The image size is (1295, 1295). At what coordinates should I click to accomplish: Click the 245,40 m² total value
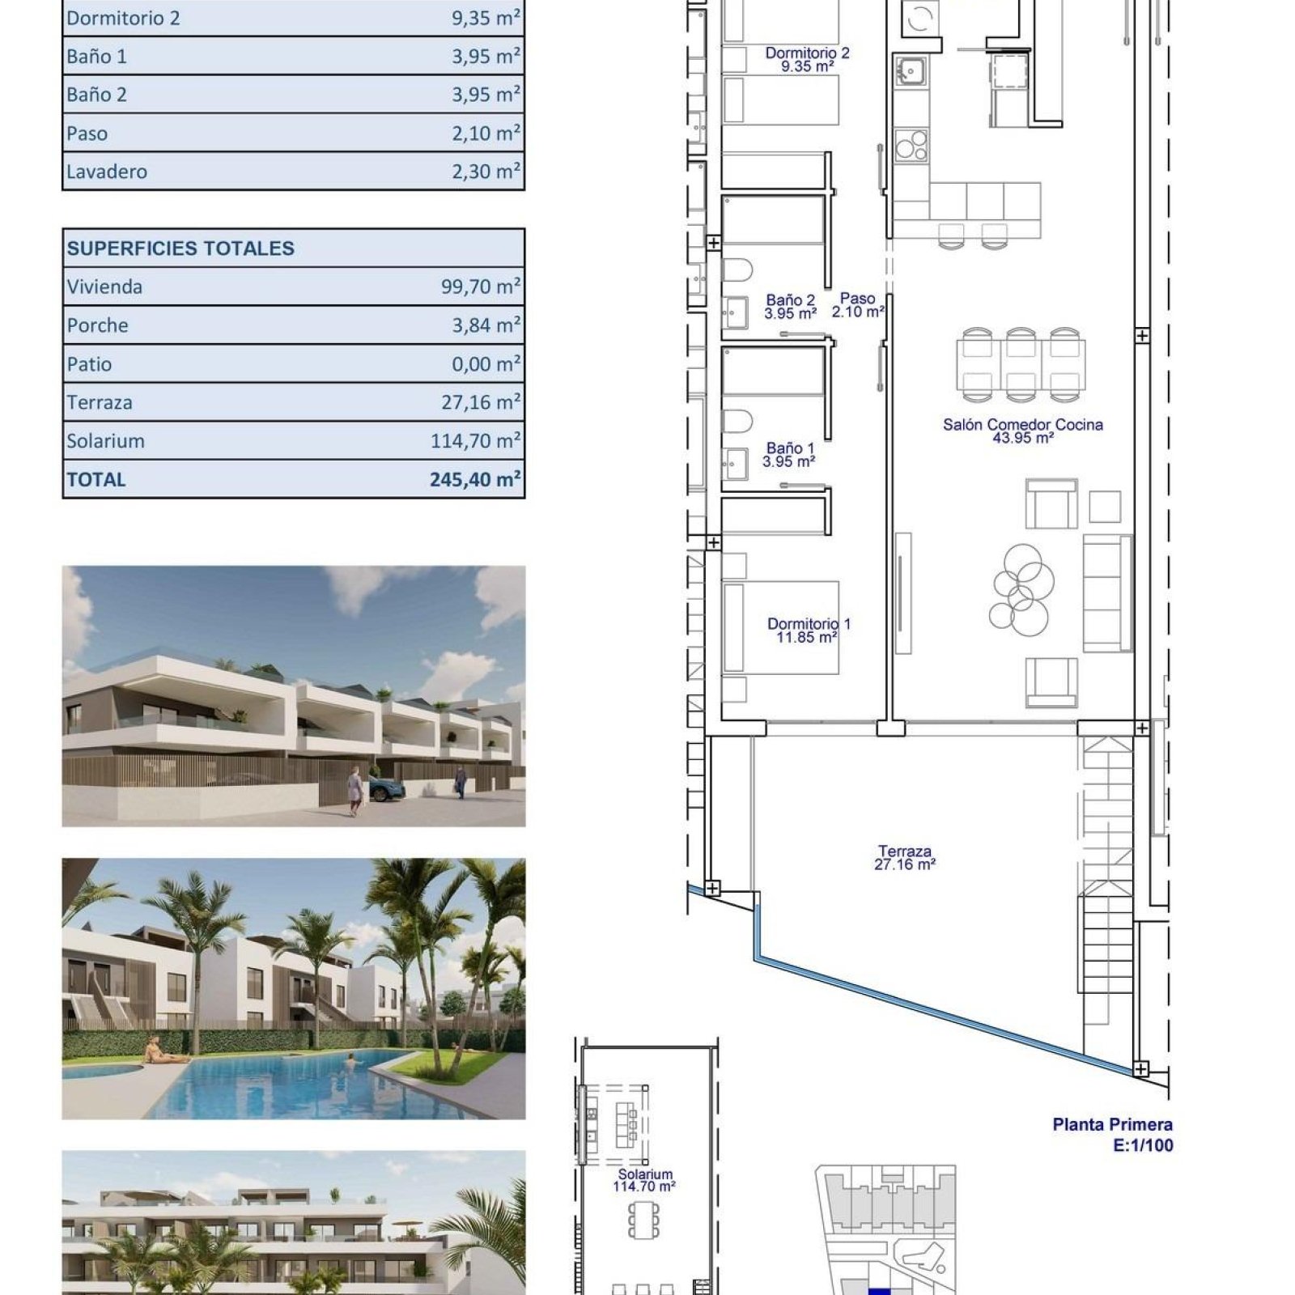pyautogui.click(x=475, y=479)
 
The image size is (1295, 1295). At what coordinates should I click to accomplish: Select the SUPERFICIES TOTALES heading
pyautogui.click(x=180, y=248)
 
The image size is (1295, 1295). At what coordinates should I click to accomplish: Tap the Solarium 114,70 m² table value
pyautogui.click(x=475, y=441)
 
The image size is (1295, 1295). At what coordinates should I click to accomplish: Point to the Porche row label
pyautogui.click(x=97, y=325)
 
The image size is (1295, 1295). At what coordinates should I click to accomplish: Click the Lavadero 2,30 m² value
pyautogui.click(x=486, y=171)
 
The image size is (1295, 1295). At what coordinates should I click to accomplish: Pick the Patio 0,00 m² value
pyautogui.click(x=486, y=364)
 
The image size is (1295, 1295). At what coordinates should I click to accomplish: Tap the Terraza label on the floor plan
pyautogui.click(x=905, y=851)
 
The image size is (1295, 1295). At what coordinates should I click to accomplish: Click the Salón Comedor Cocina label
pyautogui.click(x=1022, y=424)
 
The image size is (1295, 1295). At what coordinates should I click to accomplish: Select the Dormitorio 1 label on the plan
pyautogui.click(x=809, y=623)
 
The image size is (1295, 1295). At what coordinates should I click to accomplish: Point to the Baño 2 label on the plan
pyautogui.click(x=791, y=300)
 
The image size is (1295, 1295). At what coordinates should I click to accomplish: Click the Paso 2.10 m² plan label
pyautogui.click(x=858, y=305)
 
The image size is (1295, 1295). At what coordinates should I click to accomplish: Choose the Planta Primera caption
pyautogui.click(x=1112, y=1124)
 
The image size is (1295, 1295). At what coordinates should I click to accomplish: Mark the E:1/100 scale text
pyautogui.click(x=1143, y=1145)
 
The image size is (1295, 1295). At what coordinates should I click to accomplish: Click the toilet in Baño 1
pyautogui.click(x=737, y=422)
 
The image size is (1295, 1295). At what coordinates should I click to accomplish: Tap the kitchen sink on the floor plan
pyautogui.click(x=911, y=70)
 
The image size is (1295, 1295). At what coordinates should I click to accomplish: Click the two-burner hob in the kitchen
pyautogui.click(x=911, y=146)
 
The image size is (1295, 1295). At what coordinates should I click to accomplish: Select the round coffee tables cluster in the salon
pyautogui.click(x=1021, y=588)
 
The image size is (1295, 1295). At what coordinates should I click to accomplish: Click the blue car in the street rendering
pyautogui.click(x=386, y=788)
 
